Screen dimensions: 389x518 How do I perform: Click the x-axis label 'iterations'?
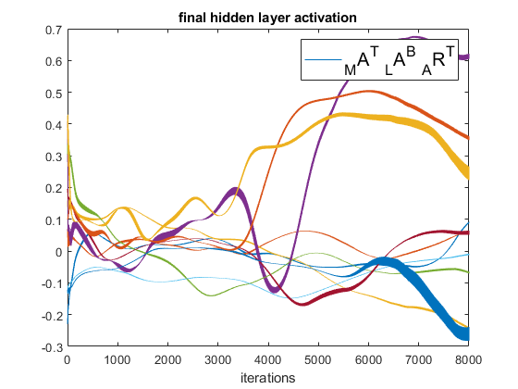[x=268, y=378]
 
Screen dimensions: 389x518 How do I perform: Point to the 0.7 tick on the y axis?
[x=54, y=30]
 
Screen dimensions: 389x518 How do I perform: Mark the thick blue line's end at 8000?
[x=467, y=334]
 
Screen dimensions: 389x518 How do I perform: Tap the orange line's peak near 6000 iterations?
[x=370, y=92]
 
